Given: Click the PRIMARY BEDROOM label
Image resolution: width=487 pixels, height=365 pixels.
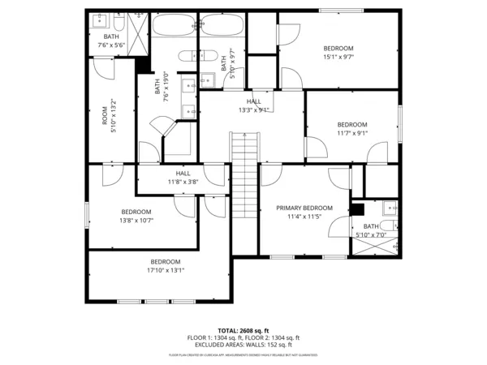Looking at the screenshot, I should pyautogui.click(x=304, y=208).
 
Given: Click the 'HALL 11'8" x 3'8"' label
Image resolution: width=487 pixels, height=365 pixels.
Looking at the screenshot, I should pyautogui.click(x=183, y=178).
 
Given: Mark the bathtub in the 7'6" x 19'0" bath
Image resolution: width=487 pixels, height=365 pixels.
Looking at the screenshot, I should pyautogui.click(x=174, y=26).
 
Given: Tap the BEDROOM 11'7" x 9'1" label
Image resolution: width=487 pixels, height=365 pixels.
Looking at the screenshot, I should pyautogui.click(x=352, y=128).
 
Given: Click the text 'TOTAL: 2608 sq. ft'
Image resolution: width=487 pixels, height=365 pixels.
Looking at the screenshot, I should pyautogui.click(x=243, y=330).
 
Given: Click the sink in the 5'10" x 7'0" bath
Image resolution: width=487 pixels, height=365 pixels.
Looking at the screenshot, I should pyautogui.click(x=389, y=204).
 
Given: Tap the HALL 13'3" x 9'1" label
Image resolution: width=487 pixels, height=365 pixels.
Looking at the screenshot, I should pyautogui.click(x=254, y=105).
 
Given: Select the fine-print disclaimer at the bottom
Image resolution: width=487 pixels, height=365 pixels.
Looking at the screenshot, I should pyautogui.click(x=243, y=355).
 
